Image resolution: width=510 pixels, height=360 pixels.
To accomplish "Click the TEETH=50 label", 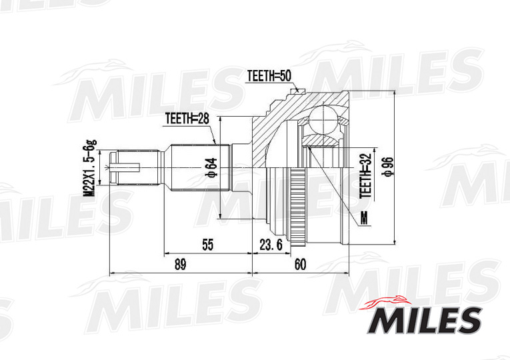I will [269, 75].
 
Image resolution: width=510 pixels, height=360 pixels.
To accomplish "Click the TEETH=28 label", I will [187, 119].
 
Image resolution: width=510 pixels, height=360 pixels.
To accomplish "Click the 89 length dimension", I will [179, 265].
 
